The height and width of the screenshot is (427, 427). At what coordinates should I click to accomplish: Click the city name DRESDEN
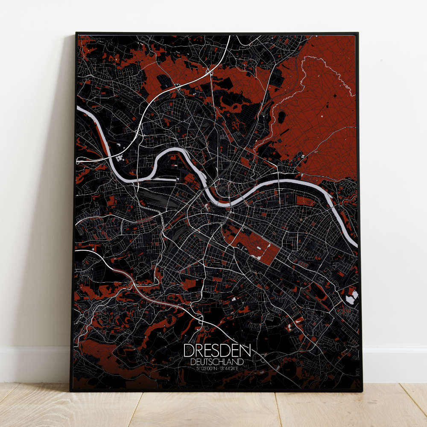[x=217, y=351]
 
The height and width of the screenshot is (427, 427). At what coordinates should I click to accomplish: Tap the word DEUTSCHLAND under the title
[x=217, y=362]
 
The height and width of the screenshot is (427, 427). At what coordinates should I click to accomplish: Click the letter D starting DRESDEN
[x=188, y=351]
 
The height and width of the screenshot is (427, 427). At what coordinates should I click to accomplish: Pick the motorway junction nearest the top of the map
[x=209, y=71]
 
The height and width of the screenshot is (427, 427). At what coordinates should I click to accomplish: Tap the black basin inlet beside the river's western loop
[x=171, y=177]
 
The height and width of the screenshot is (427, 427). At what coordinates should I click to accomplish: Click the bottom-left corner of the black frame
[x=71, y=390]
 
